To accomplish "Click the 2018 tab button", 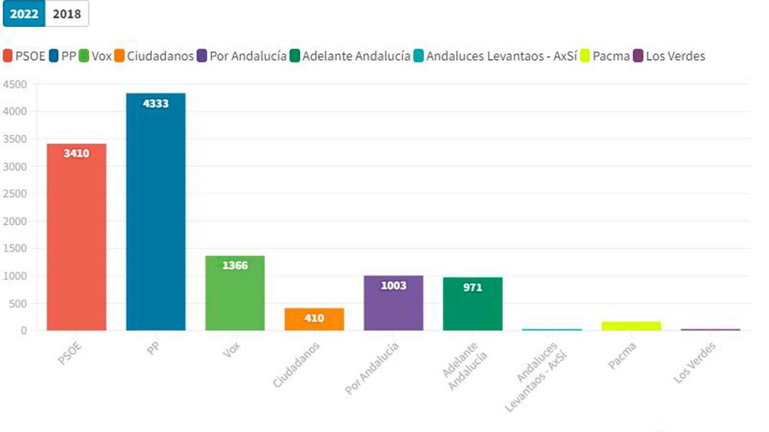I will (x=67, y=14).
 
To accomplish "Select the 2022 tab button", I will (x=24, y=14).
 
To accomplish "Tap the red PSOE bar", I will (x=76, y=237).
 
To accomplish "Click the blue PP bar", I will (x=156, y=212).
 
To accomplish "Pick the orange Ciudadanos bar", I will (x=314, y=319).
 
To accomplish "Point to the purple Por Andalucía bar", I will (x=393, y=303).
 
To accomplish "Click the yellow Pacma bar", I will (x=631, y=326).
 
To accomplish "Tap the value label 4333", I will (x=156, y=103).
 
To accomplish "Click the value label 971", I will (x=472, y=288).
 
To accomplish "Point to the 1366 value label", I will (x=235, y=266).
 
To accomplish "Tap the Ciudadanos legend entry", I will (x=154, y=56).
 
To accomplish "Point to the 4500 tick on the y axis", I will (x=15, y=84).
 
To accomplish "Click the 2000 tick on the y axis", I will (x=15, y=221).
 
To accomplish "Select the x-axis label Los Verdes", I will (x=695, y=362).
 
